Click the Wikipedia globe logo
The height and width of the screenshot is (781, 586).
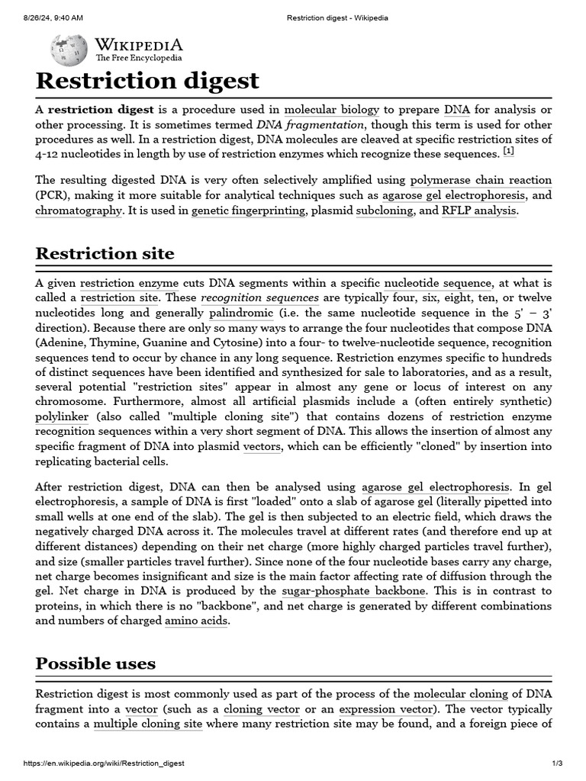tap(69, 50)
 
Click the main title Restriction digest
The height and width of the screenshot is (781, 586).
tap(147, 81)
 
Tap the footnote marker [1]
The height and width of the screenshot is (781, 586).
tap(508, 152)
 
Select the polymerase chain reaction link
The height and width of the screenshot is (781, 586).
tap(481, 181)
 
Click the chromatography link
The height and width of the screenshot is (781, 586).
tap(79, 211)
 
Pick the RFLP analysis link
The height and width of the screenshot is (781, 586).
tap(479, 211)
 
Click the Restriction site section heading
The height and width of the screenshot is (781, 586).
tap(105, 253)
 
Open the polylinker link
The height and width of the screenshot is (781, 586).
tap(62, 417)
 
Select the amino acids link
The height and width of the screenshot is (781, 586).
tap(196, 621)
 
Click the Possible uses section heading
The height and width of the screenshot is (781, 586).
tap(95, 664)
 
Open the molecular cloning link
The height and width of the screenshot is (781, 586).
tap(460, 694)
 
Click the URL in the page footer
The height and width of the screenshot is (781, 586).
tap(104, 763)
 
